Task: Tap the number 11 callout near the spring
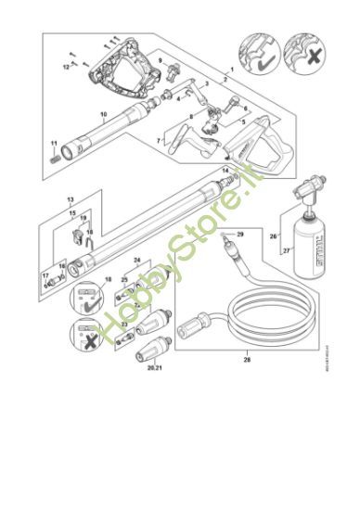54,143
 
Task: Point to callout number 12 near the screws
65,68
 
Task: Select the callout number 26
274,236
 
